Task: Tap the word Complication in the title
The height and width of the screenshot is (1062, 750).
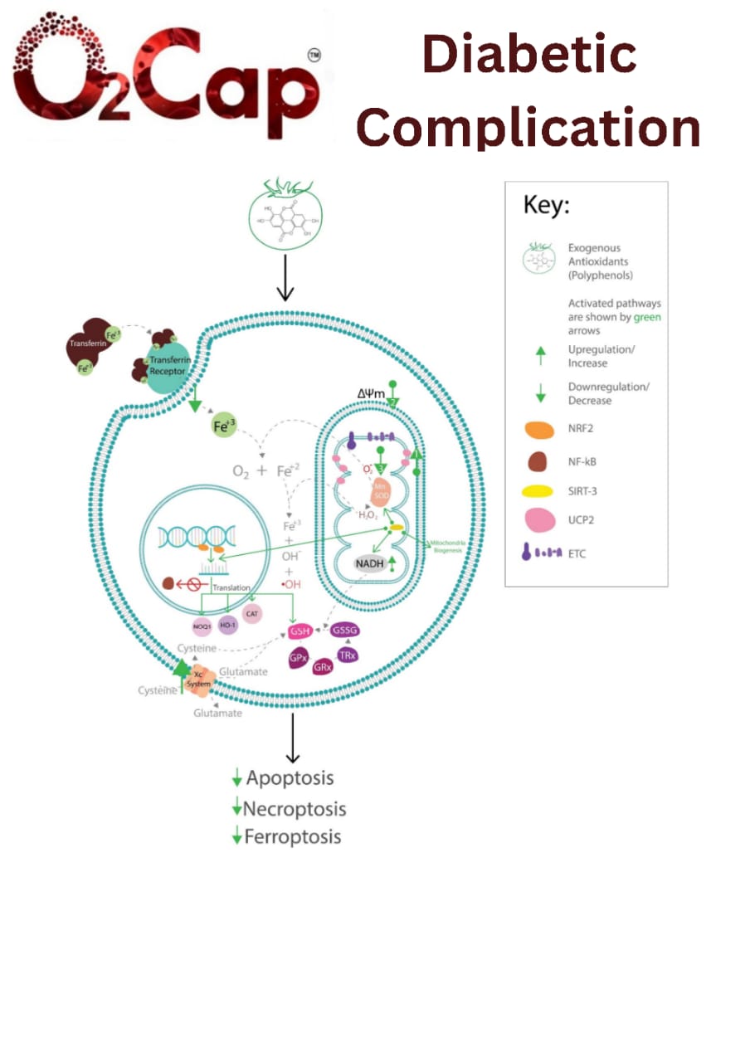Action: pyautogui.click(x=528, y=129)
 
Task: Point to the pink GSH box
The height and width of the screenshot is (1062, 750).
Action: pyautogui.click(x=300, y=632)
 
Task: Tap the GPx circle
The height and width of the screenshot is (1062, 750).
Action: pyautogui.click(x=299, y=660)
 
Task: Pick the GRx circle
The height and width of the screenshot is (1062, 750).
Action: pyautogui.click(x=324, y=665)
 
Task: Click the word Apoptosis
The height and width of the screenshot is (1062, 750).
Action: pyautogui.click(x=290, y=778)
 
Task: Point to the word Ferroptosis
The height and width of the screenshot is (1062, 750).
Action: pyautogui.click(x=292, y=836)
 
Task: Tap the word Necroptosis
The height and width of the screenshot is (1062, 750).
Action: pyautogui.click(x=295, y=808)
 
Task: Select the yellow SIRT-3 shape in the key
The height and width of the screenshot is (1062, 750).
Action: pyautogui.click(x=539, y=491)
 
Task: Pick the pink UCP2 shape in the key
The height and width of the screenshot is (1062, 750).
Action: pyautogui.click(x=539, y=520)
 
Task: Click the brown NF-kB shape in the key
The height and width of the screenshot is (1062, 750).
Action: pyautogui.click(x=539, y=461)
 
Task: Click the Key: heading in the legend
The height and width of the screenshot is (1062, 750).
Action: pyautogui.click(x=547, y=206)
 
